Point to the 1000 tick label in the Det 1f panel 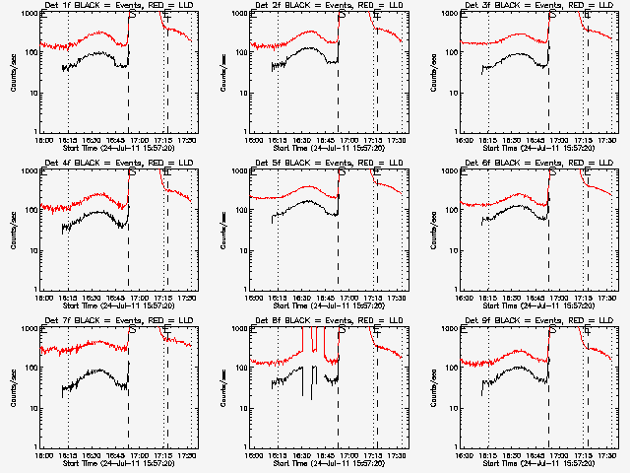click(x=30, y=15)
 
